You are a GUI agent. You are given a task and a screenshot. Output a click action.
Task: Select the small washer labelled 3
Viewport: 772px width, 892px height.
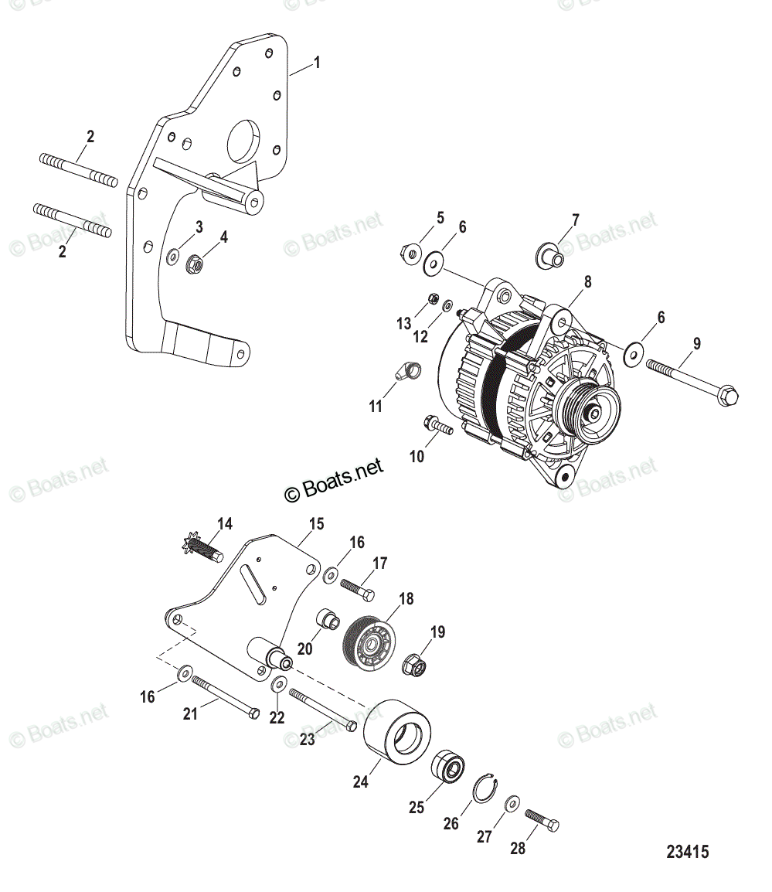coord(174,254)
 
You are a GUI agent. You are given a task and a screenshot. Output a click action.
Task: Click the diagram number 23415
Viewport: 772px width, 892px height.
coord(687,853)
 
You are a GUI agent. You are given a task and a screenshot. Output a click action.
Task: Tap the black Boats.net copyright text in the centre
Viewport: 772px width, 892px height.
coord(334,480)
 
